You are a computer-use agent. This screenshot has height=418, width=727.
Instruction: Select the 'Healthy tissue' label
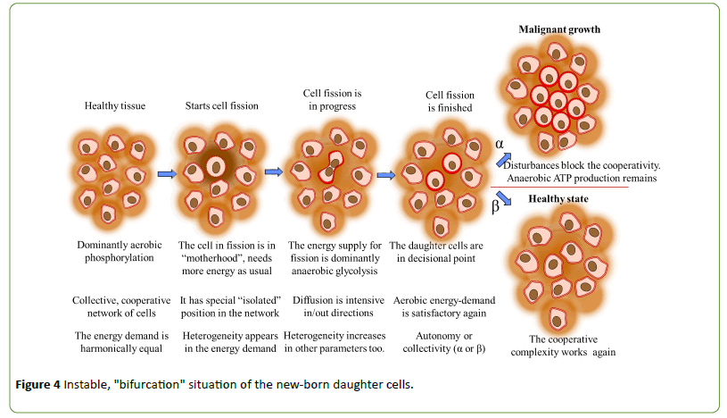[114, 105]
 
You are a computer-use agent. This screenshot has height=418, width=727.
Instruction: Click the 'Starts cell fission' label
[219, 105]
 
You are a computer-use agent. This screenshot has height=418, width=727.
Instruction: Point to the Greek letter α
[500, 143]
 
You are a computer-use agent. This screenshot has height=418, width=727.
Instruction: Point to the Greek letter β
[497, 205]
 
